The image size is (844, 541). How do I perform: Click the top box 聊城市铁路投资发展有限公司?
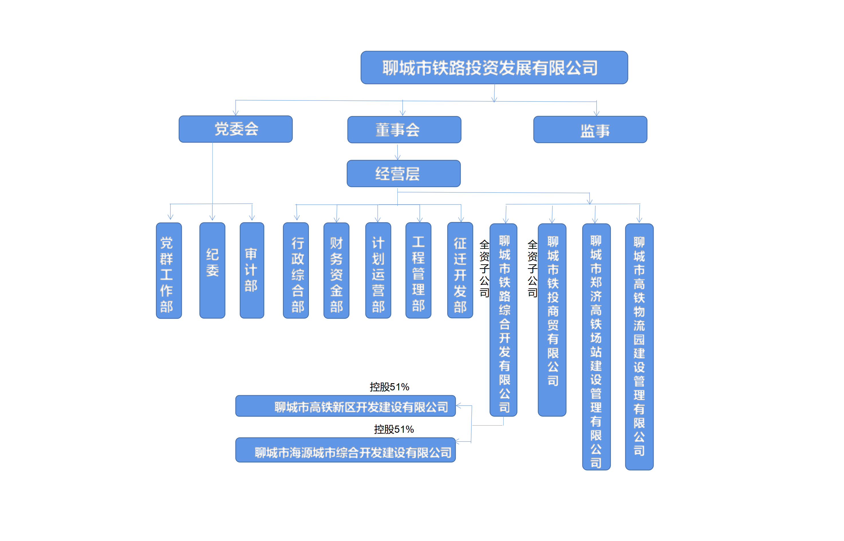(x=494, y=68)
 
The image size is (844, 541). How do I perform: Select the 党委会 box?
(x=236, y=129)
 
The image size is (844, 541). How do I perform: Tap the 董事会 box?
(x=404, y=130)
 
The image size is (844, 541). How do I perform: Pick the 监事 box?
(x=590, y=130)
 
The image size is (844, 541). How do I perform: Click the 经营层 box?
(x=403, y=174)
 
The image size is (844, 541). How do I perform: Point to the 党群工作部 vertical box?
(x=169, y=270)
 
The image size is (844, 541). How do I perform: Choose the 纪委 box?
(x=212, y=270)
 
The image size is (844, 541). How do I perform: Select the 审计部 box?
(x=252, y=270)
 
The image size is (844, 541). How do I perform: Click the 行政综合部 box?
(x=296, y=270)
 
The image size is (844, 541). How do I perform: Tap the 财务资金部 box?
(x=336, y=270)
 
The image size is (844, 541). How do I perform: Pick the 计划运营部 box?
(x=378, y=270)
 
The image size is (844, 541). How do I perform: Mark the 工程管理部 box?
(x=418, y=270)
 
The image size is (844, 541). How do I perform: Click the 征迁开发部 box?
(x=460, y=270)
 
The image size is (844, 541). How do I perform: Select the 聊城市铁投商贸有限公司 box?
(x=552, y=320)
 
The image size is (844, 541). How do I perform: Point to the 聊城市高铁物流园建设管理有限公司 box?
(x=639, y=347)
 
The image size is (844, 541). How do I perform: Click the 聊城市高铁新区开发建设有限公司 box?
(x=346, y=406)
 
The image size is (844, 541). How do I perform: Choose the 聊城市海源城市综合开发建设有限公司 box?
(x=346, y=450)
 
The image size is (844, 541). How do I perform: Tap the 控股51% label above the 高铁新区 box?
(x=389, y=387)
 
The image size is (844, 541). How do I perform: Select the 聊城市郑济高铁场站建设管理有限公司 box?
(x=596, y=347)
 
